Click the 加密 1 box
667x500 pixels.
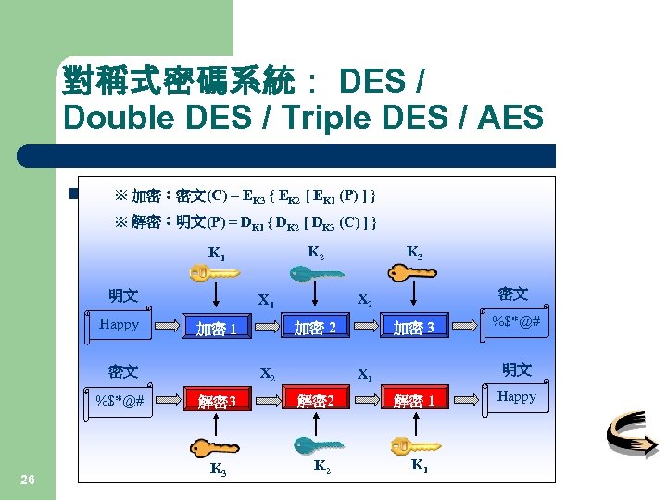coord(215,328)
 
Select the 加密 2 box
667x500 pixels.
coord(315,327)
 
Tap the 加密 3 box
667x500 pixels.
coord(413,327)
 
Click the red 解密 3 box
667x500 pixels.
coord(215,401)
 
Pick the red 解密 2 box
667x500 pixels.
coord(315,401)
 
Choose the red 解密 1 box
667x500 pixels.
coord(413,401)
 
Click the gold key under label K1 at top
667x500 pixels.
coord(214,273)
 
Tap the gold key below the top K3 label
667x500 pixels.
coord(413,272)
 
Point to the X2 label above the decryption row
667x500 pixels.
coord(267,375)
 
